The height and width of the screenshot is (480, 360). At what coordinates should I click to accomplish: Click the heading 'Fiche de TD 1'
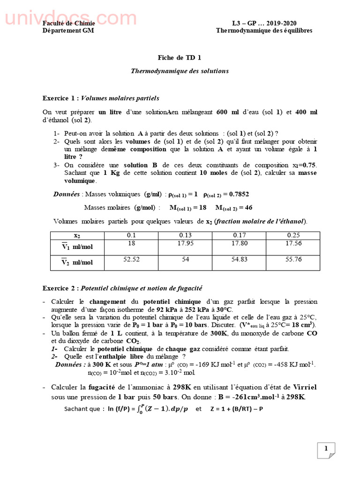point(180,58)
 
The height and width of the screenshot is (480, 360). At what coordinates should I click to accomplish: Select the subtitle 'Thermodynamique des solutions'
point(180,71)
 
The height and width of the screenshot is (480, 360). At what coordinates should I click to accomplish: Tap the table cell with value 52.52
point(132,259)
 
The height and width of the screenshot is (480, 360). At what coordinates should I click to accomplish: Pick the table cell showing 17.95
point(186,243)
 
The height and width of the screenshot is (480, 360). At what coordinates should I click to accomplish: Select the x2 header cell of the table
point(77,236)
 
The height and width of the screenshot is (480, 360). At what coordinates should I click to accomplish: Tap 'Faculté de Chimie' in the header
point(69,23)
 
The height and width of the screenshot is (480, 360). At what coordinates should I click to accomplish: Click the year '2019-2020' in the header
point(281,23)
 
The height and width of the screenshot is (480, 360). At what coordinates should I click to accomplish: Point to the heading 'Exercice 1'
point(60,98)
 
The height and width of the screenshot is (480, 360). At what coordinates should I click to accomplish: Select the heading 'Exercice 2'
point(60,287)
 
